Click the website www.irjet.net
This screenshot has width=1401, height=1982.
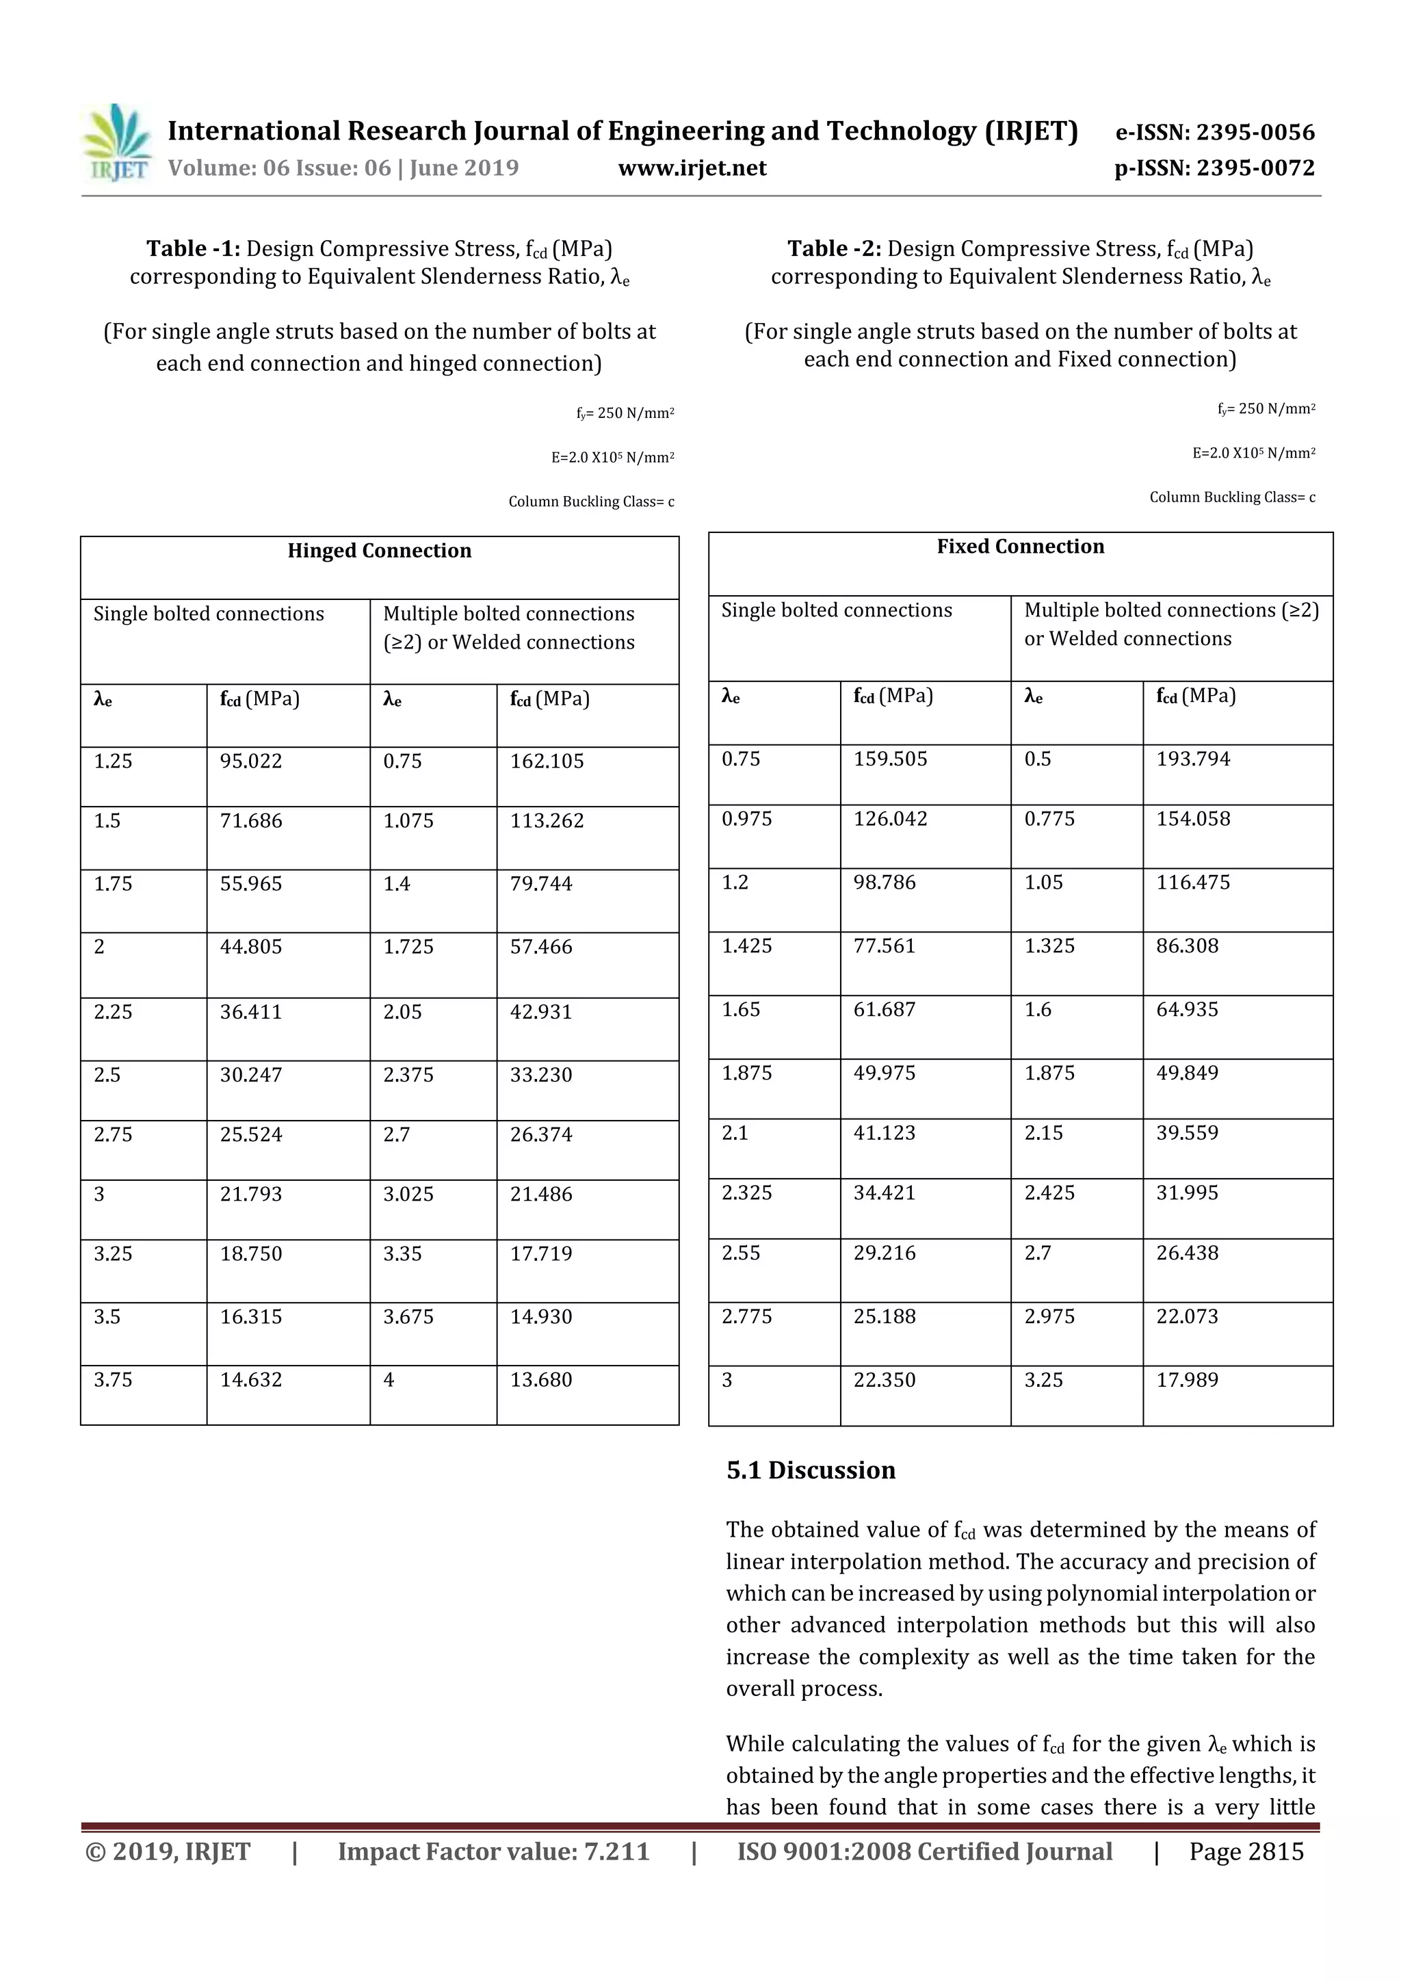click(692, 168)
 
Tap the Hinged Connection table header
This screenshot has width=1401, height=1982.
click(379, 551)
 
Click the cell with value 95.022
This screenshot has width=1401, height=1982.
click(251, 761)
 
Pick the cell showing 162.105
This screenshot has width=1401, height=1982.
click(547, 761)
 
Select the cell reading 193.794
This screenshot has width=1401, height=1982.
click(1193, 759)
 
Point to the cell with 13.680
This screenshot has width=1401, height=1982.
click(540, 1379)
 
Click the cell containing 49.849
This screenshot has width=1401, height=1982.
click(1187, 1073)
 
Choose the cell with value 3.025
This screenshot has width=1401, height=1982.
click(408, 1194)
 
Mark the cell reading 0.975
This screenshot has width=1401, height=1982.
click(747, 818)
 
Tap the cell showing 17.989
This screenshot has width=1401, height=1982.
click(1187, 1379)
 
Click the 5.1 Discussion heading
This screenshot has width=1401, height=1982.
click(811, 1470)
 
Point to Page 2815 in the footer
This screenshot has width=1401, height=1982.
click(1246, 1851)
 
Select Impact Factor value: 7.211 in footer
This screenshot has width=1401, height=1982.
click(493, 1851)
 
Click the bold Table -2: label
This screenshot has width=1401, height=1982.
click(834, 248)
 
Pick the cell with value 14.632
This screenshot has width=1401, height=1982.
click(251, 1379)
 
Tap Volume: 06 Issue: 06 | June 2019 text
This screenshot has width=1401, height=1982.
click(343, 168)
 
